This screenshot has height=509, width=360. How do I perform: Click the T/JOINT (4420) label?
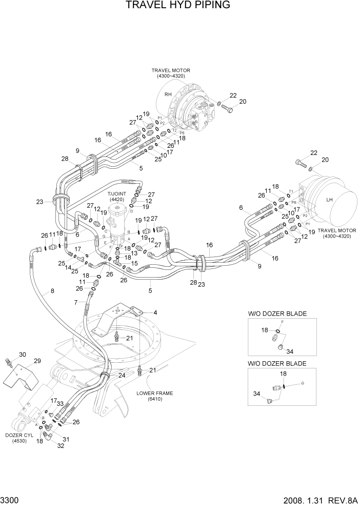pyautogui.click(x=116, y=197)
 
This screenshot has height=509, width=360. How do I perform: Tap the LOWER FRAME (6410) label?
pyautogui.click(x=154, y=396)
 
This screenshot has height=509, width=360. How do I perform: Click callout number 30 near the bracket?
pyautogui.click(x=22, y=355)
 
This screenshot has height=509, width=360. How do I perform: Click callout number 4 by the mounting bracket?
pyautogui.click(x=155, y=312)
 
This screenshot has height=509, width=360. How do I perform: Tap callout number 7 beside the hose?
pyautogui.click(x=76, y=303)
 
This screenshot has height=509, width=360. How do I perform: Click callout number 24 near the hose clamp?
pyautogui.click(x=122, y=375)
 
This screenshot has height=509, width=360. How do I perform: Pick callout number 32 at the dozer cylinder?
pyautogui.click(x=61, y=446)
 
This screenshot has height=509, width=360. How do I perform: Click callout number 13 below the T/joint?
pyautogui.click(x=134, y=253)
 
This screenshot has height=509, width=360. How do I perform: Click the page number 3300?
pyautogui.click(x=9, y=500)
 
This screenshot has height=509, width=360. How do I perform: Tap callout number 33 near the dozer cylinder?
pyautogui.click(x=59, y=404)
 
